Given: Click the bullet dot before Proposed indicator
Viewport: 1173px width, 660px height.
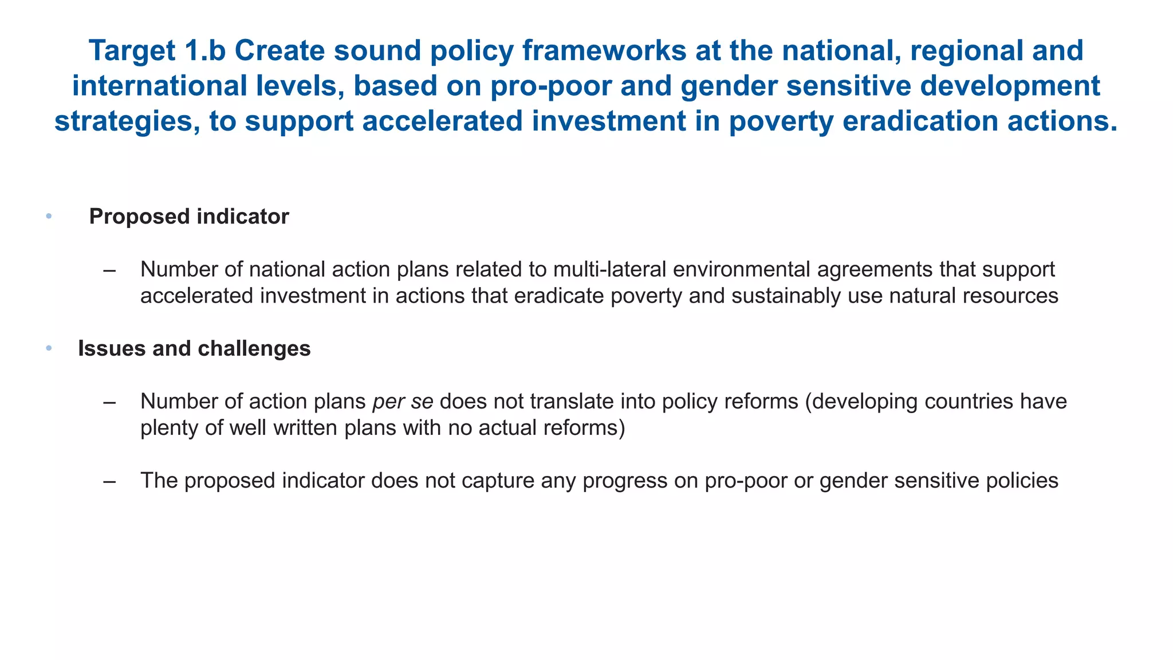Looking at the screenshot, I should [x=49, y=217].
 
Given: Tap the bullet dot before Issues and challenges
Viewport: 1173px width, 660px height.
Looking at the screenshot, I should [x=49, y=348].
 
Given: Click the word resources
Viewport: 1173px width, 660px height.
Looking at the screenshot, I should [x=1007, y=296].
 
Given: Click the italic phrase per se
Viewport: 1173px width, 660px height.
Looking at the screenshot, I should [x=403, y=402].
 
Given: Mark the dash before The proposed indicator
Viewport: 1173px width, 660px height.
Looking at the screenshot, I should [x=109, y=481].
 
